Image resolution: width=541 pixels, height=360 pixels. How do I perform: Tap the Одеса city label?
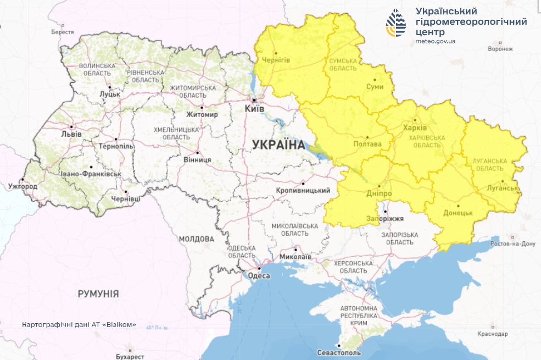[259, 276]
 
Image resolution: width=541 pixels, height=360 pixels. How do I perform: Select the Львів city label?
[71, 134]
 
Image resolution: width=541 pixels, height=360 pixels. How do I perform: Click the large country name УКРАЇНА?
[278, 145]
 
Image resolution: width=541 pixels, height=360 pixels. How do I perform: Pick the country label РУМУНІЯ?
[98, 294]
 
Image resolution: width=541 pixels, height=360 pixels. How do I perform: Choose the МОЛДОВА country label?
[196, 239]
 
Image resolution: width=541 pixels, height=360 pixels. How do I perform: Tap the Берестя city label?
[62, 32]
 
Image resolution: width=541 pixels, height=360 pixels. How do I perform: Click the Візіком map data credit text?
[79, 324]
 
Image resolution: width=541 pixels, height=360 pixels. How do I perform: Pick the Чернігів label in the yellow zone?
[276, 60]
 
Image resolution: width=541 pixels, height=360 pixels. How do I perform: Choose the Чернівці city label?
[126, 198]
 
